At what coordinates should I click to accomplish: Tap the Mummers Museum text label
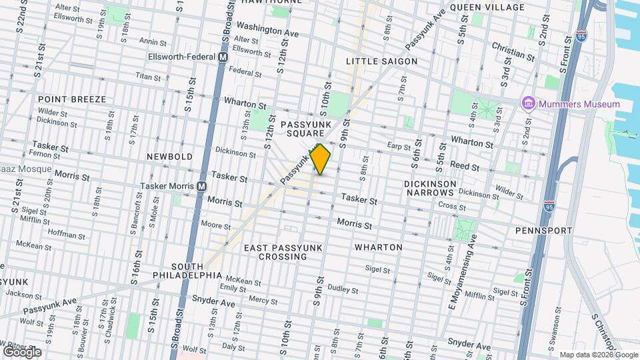click(579, 104)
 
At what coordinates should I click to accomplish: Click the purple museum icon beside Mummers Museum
click(529, 103)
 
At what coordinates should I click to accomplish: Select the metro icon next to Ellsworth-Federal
click(223, 58)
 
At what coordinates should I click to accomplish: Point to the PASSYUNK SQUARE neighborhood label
click(305, 129)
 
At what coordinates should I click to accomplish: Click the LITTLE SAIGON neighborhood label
click(381, 61)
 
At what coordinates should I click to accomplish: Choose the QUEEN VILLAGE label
click(487, 7)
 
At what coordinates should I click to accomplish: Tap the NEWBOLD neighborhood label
click(170, 157)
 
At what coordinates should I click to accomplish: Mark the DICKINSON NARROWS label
click(430, 188)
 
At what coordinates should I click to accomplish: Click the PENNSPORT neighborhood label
click(543, 231)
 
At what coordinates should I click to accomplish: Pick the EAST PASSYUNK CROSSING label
click(283, 252)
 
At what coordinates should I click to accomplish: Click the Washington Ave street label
click(267, 30)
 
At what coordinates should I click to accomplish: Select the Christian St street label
click(513, 51)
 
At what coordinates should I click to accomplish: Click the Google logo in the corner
click(22, 352)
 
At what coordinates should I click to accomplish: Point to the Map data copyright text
click(589, 355)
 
